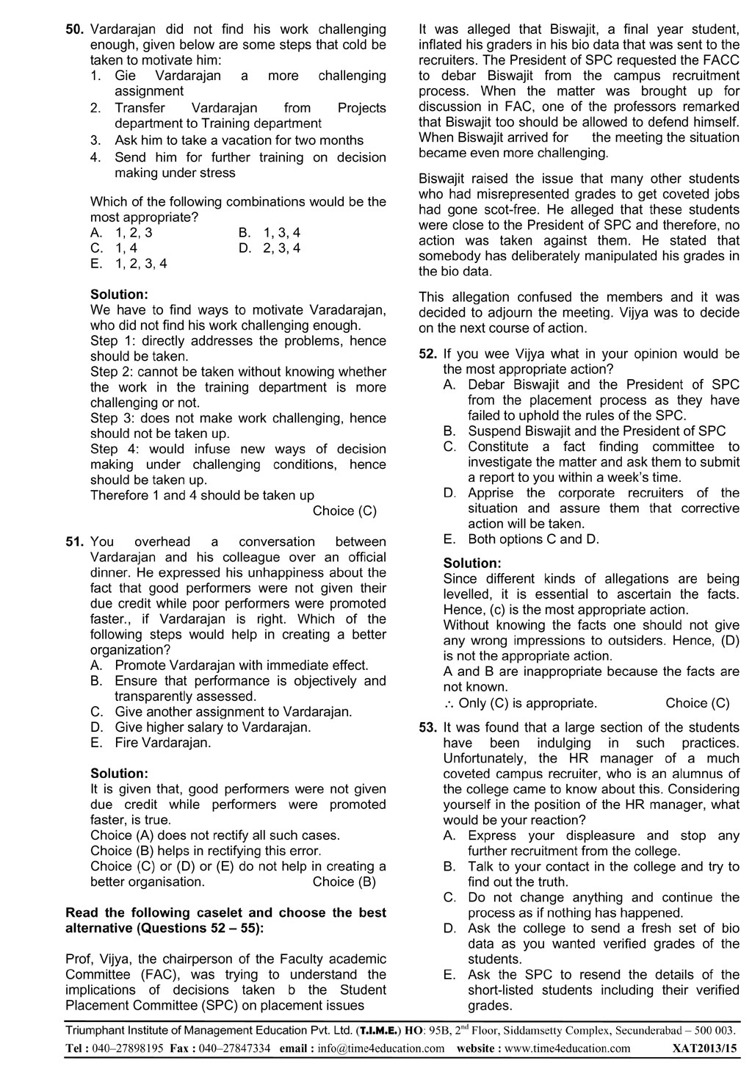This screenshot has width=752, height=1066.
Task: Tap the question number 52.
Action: click(428, 354)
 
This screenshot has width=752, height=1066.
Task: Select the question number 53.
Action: click(428, 728)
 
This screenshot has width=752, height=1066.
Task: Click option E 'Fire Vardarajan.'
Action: click(162, 743)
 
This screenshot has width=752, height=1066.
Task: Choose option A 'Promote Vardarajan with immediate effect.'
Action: click(241, 666)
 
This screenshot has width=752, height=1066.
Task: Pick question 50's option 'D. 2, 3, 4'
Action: click(270, 248)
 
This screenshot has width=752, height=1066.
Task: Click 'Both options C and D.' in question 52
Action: click(533, 539)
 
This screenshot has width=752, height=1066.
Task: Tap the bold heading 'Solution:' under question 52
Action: click(472, 563)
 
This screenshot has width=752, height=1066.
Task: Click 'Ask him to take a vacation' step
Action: click(239, 140)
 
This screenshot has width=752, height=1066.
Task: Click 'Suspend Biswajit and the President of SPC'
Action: click(596, 431)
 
